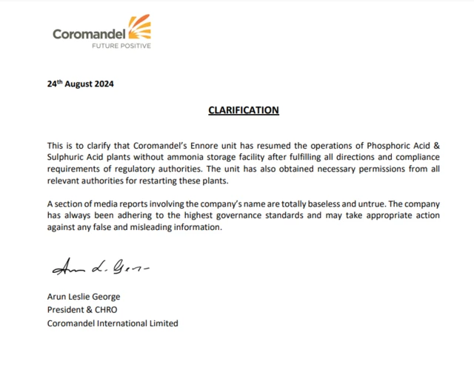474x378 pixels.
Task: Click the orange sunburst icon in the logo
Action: [139, 28]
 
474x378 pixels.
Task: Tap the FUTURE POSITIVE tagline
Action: [121, 46]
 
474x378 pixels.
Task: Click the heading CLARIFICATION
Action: [243, 110]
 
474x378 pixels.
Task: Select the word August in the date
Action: [79, 84]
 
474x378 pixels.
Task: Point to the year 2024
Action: [104, 84]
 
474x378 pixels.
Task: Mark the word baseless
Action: [307, 203]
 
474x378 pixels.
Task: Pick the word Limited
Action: [163, 323]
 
